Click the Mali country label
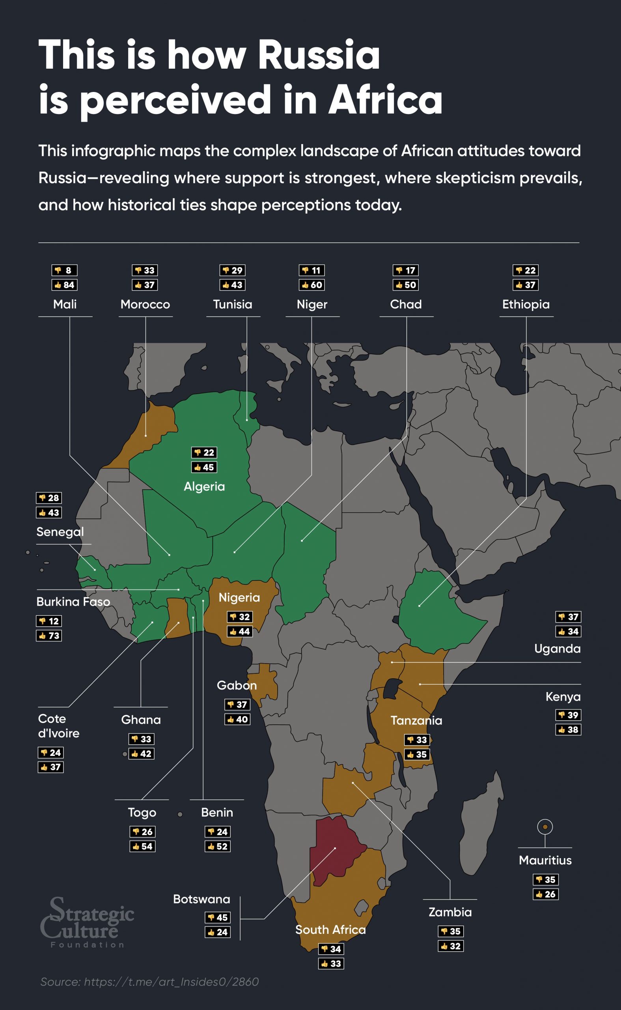point(65,305)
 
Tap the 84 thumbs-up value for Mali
point(65,285)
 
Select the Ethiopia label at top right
point(526,305)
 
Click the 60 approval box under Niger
point(311,285)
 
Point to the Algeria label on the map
point(204,486)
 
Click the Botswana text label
point(201,899)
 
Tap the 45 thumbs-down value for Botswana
point(218,918)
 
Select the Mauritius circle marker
point(545,827)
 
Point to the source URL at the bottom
point(149,982)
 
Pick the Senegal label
point(60,532)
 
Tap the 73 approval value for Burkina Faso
point(49,636)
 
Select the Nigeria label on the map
point(239,597)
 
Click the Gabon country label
point(237,685)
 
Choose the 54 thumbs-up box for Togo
point(142,846)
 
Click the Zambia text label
point(450,912)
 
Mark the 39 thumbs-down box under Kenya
point(568,715)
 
